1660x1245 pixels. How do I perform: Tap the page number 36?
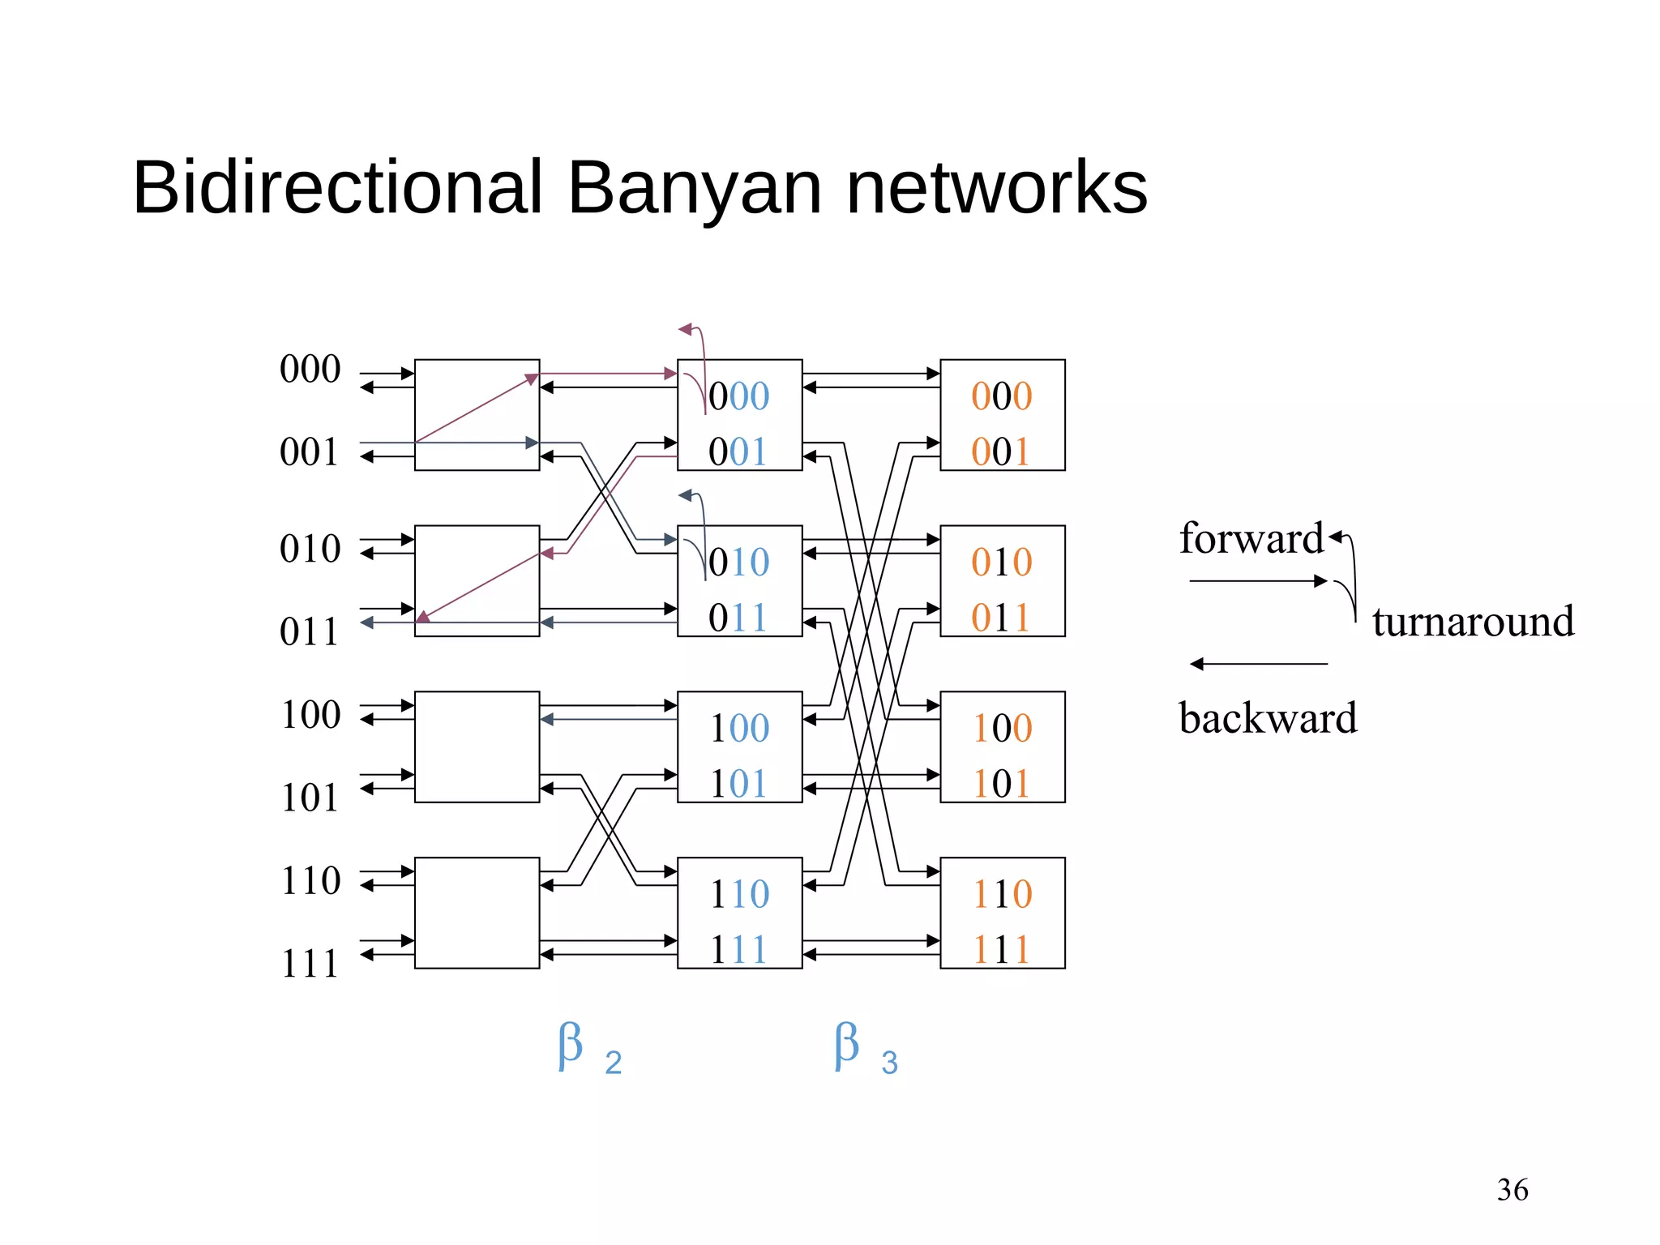pyautogui.click(x=1512, y=1190)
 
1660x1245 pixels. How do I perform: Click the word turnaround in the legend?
pyautogui.click(x=1473, y=622)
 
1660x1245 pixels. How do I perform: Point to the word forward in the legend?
pyautogui.click(x=1251, y=539)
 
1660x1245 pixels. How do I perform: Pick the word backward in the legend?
pyautogui.click(x=1268, y=718)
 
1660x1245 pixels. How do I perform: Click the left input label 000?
pyautogui.click(x=310, y=370)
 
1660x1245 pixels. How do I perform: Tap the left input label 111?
pyautogui.click(x=309, y=965)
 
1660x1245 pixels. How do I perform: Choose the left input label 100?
pyautogui.click(x=310, y=716)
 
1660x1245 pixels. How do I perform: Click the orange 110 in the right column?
pyautogui.click(x=1003, y=895)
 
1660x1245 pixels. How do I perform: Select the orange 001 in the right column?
pyautogui.click(x=1001, y=452)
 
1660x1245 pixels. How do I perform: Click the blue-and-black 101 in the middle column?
pyautogui.click(x=738, y=784)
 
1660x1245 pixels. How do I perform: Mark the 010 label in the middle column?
pyautogui.click(x=738, y=563)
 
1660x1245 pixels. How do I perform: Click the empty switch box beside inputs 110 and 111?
pyautogui.click(x=477, y=913)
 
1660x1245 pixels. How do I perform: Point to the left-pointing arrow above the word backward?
pyautogui.click(x=1258, y=664)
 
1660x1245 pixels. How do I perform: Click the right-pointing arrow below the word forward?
pyautogui.click(x=1258, y=581)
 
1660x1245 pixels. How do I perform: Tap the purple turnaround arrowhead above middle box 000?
pyautogui.click(x=686, y=329)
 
